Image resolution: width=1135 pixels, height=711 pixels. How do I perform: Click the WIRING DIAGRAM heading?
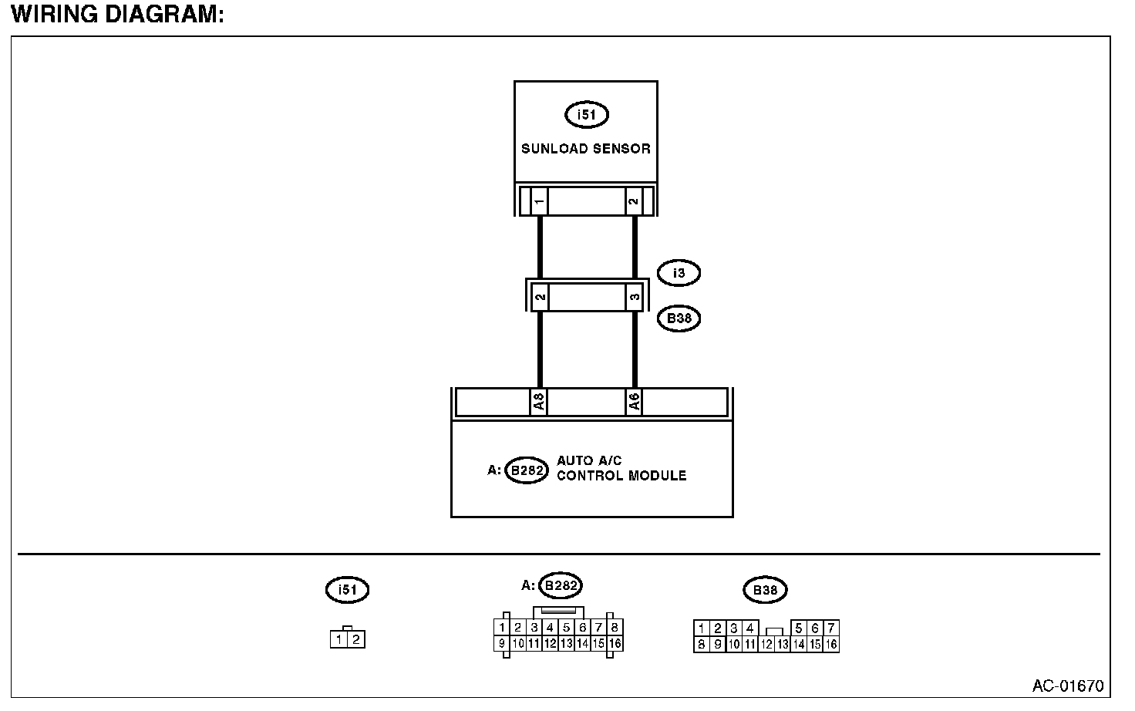(117, 15)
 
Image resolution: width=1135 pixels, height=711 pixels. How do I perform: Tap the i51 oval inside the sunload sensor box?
(587, 115)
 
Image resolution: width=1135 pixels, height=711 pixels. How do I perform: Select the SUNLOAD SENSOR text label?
(586, 149)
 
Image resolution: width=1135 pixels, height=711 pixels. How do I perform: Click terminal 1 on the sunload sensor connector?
(539, 202)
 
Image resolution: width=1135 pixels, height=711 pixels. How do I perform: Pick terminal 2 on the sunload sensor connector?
(633, 202)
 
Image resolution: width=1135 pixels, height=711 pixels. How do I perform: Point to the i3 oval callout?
(679, 273)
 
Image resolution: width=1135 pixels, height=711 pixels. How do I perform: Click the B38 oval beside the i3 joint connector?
(679, 318)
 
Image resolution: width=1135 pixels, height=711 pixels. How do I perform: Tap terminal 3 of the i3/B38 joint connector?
(634, 297)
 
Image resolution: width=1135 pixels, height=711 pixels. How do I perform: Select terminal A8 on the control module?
(538, 402)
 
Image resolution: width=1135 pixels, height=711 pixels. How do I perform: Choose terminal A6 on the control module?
(633, 402)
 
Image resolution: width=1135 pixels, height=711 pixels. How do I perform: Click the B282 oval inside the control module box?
(527, 470)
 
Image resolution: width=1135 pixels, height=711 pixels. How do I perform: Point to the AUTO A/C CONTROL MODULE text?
(621, 468)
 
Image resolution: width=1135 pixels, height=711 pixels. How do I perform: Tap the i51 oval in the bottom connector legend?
(348, 590)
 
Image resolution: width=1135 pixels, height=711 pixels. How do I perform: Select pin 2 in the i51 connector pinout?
(355, 639)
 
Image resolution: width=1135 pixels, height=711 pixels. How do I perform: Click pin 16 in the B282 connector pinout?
(615, 643)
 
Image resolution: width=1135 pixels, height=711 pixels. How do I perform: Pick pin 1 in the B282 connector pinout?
(502, 628)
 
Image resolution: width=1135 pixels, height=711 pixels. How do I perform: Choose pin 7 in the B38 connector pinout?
(830, 628)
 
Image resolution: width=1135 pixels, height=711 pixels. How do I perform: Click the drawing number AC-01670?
(1068, 686)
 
